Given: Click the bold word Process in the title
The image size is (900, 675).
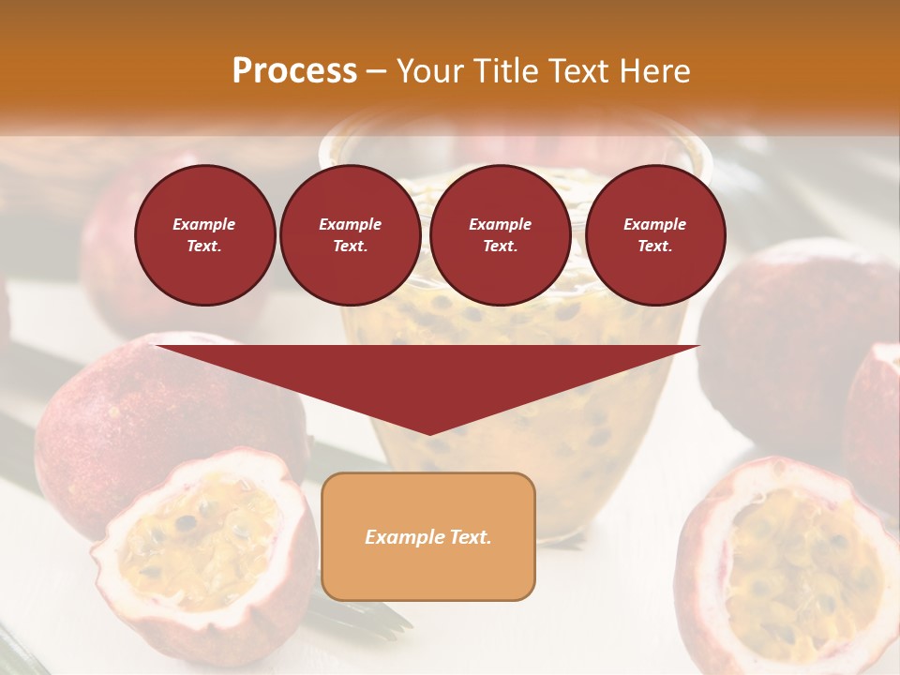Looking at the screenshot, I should click(294, 71).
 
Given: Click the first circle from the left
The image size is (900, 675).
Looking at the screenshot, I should click(205, 235).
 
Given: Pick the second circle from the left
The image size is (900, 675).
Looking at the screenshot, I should click(351, 235).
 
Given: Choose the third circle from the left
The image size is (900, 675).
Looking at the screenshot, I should click(501, 235).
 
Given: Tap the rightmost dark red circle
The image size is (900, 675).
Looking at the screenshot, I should click(655, 235).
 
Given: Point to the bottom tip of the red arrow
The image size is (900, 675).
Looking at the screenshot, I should click(429, 434).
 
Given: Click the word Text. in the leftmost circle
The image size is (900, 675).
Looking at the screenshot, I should click(204, 247).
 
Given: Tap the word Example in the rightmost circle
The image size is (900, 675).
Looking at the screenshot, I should click(655, 224).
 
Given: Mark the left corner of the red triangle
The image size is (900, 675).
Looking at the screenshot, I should click(157, 347).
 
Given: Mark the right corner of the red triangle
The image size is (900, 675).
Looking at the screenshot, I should click(698, 347).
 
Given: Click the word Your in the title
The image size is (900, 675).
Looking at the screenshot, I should click(431, 71).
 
